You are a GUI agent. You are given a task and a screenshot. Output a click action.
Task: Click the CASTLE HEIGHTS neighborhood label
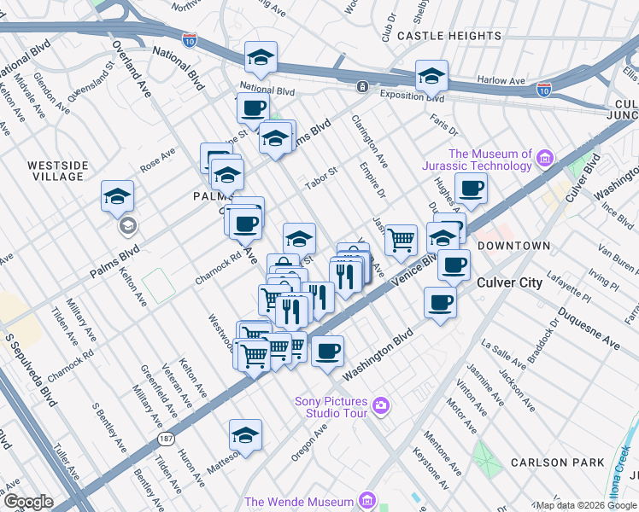(x=449, y=36)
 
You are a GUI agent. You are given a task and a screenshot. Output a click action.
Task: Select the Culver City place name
(x=509, y=282)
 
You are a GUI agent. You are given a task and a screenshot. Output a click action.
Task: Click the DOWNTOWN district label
(x=513, y=246)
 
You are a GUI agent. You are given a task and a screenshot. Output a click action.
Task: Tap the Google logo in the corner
(x=27, y=502)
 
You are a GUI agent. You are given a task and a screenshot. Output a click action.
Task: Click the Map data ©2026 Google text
(x=586, y=505)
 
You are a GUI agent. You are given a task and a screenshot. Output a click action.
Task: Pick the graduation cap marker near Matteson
(x=245, y=435)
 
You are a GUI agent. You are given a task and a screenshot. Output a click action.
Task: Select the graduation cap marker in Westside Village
(x=117, y=196)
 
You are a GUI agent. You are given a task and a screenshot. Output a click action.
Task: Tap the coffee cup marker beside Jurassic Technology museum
(x=470, y=188)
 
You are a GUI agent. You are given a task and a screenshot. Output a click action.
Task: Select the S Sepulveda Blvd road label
(x=34, y=375)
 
